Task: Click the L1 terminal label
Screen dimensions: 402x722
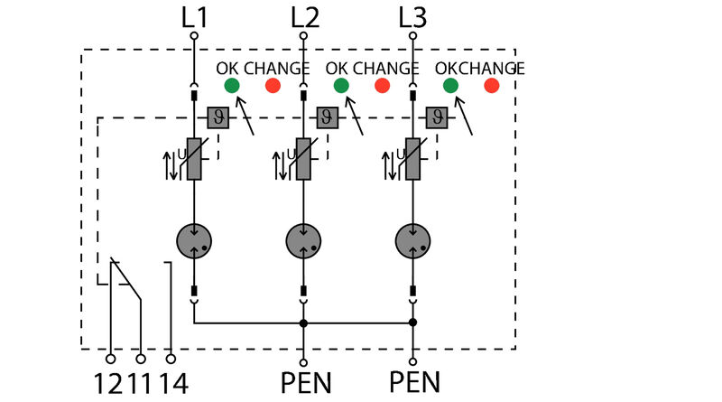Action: (194, 16)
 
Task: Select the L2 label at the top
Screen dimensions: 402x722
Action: (305, 16)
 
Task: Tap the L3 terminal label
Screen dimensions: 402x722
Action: (413, 16)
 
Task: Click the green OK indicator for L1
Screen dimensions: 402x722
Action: (232, 86)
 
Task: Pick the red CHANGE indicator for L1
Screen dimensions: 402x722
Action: (273, 86)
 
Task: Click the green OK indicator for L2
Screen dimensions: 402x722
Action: (341, 86)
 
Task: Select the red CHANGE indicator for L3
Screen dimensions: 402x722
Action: (492, 86)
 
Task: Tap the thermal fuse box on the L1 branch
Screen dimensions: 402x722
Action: (218, 117)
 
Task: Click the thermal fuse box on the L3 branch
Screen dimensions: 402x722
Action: (438, 117)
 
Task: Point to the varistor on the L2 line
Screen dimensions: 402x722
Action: (304, 159)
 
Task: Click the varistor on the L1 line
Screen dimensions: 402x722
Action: (194, 159)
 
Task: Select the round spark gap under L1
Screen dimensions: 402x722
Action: (194, 241)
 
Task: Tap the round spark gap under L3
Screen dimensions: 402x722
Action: (413, 241)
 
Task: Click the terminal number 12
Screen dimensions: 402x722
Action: (108, 382)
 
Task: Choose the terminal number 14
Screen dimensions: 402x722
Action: (173, 382)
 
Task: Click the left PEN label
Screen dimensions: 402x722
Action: (305, 382)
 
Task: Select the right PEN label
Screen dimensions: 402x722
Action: (414, 382)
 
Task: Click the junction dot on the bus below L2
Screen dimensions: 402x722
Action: (304, 323)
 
